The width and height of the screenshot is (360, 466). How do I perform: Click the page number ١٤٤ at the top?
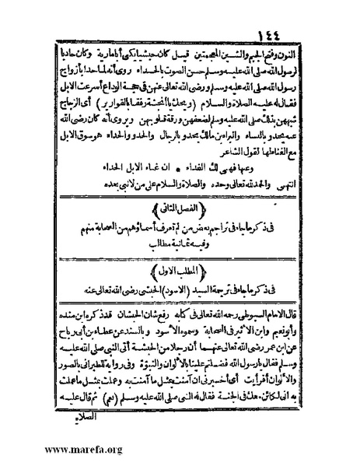[x=182, y=12]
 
